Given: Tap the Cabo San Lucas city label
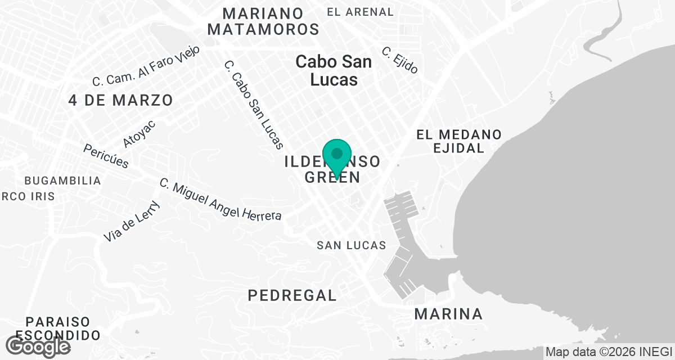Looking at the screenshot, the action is point(334,70).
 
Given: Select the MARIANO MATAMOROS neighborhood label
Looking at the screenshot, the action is point(263,21).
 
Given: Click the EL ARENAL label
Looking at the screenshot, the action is point(360,12).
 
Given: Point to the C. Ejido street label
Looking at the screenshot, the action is point(400,60).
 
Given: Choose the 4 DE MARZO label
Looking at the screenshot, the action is point(120,100).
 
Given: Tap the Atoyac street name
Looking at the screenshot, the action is point(139,134).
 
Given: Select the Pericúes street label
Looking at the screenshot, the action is point(106,156).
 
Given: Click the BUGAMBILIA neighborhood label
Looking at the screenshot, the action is point(62,181).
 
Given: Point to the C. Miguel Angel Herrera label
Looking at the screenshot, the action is point(220,200).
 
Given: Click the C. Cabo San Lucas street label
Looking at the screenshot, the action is point(253,105).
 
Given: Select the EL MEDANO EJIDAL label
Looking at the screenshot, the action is point(458,141).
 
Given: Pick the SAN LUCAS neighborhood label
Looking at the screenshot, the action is point(351,245).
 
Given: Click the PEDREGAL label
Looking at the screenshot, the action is point(292,295).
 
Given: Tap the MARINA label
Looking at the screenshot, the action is point(448,314).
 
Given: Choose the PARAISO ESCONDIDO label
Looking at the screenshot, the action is point(57,328).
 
